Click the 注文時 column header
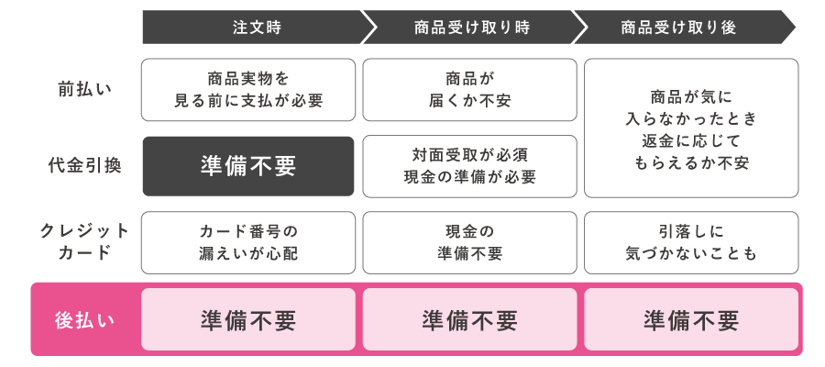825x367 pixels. [x=249, y=28]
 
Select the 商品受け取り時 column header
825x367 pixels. [x=471, y=28]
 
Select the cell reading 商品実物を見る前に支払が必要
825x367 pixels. [x=248, y=90]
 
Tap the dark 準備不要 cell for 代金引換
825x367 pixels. [x=248, y=166]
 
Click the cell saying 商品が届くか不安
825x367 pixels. [x=470, y=90]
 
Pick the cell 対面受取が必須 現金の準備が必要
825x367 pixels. [x=470, y=166]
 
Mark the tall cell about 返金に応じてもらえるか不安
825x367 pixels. [x=691, y=128]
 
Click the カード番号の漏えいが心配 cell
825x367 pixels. [x=248, y=242]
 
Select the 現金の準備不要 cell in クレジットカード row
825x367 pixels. [x=470, y=242]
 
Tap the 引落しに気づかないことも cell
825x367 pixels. [x=691, y=242]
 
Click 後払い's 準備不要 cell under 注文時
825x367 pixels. [x=248, y=320]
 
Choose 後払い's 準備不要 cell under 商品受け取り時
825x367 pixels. [x=470, y=320]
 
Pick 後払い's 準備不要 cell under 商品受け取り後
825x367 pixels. [x=691, y=320]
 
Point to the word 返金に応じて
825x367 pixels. [x=691, y=140]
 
